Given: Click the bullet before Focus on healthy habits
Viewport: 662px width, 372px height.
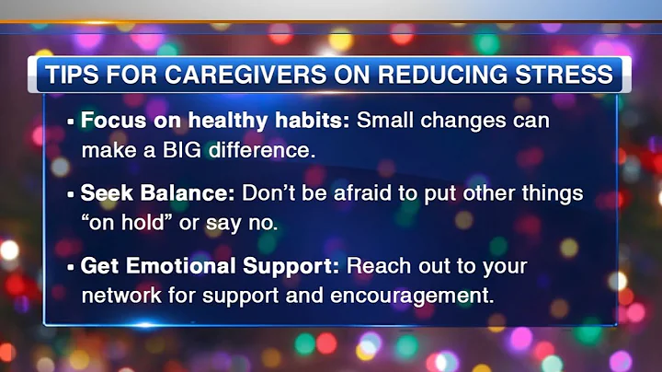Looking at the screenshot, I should click(71, 122).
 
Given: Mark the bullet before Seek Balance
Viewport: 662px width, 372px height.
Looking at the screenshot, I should click(71, 194).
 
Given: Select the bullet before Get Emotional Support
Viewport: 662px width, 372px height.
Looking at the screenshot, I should click(71, 267).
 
